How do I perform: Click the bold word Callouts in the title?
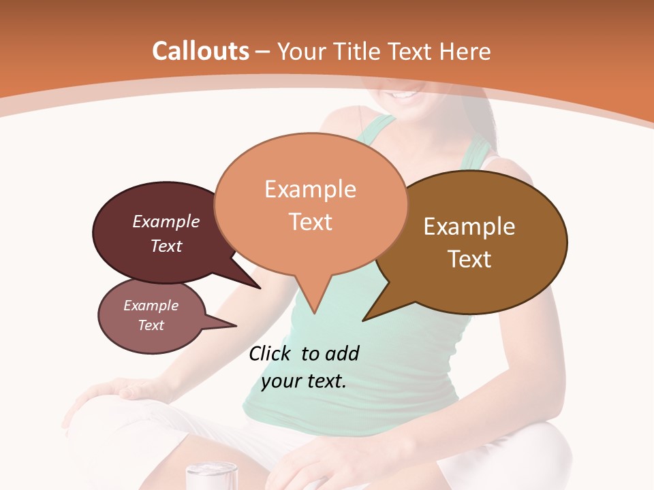[200, 51]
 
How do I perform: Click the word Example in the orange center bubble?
[310, 189]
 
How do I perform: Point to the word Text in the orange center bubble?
[310, 222]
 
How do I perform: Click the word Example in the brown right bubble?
[469, 227]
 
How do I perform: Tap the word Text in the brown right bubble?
[469, 259]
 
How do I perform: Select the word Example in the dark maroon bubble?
[166, 222]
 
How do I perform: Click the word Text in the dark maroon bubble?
[166, 246]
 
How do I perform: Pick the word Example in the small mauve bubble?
[151, 306]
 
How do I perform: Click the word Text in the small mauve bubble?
[151, 325]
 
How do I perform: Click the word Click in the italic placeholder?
[270, 353]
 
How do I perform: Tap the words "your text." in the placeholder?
[304, 381]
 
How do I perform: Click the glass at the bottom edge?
[212, 476]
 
